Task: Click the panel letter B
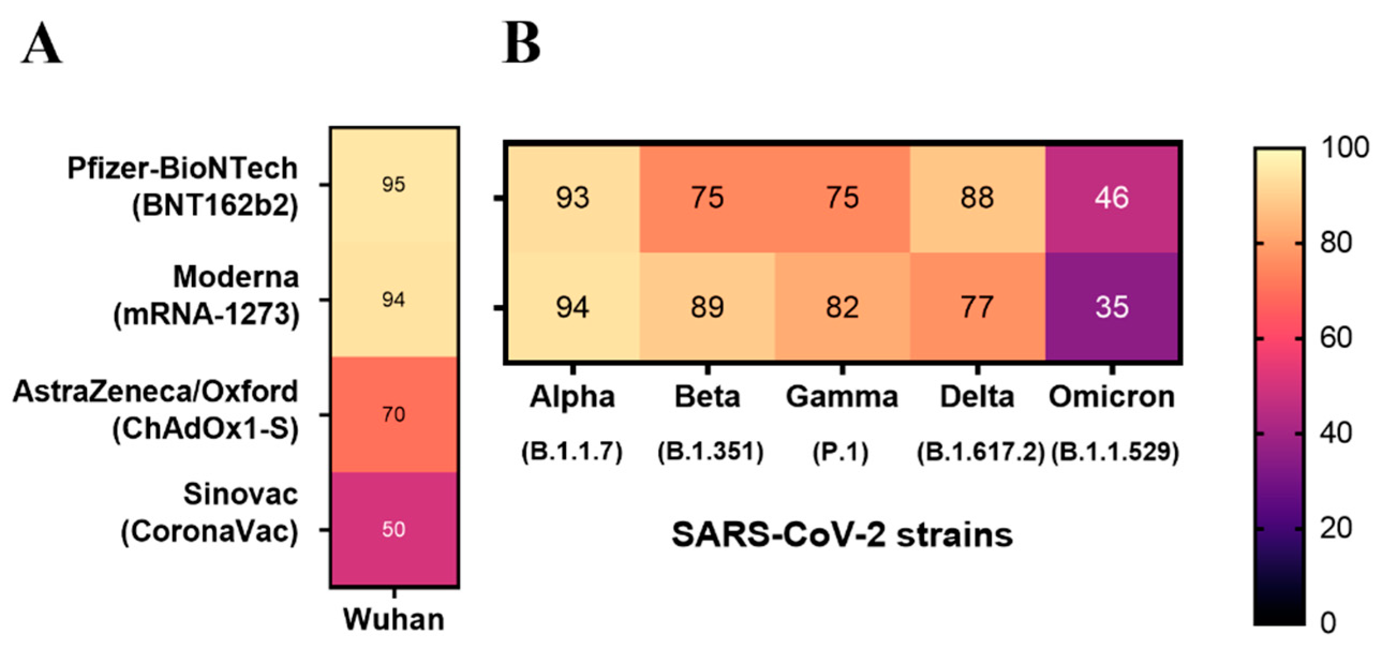click(520, 43)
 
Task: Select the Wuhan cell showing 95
click(394, 185)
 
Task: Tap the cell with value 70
click(394, 414)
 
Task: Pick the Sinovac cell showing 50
click(394, 529)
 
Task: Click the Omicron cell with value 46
click(1111, 198)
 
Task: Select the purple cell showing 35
click(1111, 307)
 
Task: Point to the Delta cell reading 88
click(977, 198)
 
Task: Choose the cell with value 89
click(707, 307)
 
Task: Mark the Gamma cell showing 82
click(842, 307)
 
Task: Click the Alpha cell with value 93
click(572, 198)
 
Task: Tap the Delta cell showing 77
click(977, 307)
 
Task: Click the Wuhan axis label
click(394, 620)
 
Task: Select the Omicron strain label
click(1111, 397)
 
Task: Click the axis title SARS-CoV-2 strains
click(841, 535)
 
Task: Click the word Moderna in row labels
click(235, 278)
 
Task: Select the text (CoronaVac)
click(210, 533)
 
